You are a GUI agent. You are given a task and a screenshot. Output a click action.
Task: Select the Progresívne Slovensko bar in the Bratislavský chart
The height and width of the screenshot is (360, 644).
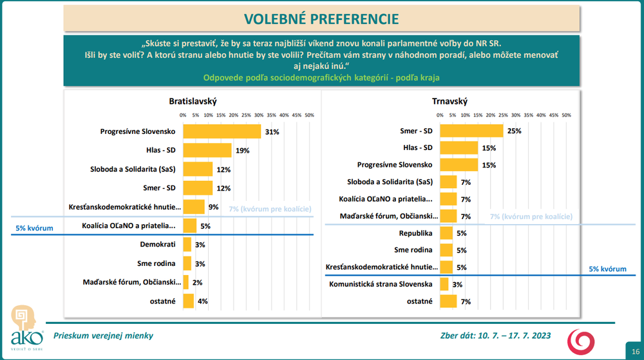[222, 131]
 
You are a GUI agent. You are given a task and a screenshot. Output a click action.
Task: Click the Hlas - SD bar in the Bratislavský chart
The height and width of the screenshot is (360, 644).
[207, 150]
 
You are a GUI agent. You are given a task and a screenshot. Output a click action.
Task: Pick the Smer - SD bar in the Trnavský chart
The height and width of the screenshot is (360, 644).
[471, 131]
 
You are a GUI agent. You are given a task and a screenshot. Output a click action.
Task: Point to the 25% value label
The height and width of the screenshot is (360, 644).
[515, 131]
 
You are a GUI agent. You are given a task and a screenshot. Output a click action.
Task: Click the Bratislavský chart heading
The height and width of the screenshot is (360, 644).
[193, 101]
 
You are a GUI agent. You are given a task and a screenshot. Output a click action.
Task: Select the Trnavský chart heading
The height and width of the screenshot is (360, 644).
[450, 101]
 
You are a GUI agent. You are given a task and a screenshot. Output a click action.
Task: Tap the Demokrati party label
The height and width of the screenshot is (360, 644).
[158, 245]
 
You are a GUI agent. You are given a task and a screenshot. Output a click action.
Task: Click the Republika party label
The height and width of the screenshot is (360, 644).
[415, 232]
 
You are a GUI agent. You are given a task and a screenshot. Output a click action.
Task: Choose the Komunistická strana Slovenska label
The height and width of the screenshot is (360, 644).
[380, 284]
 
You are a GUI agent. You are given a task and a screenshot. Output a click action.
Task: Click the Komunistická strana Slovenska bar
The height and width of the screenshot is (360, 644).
[444, 284]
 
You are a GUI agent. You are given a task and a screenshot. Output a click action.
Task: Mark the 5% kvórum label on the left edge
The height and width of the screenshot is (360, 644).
[34, 228]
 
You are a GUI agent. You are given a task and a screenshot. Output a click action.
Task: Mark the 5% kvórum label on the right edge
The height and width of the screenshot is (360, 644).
[608, 269]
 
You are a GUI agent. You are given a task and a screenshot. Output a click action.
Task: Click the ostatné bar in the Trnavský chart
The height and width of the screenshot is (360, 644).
[449, 301]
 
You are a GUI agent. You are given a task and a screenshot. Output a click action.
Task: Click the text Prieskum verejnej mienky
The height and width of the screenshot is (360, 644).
[103, 336]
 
